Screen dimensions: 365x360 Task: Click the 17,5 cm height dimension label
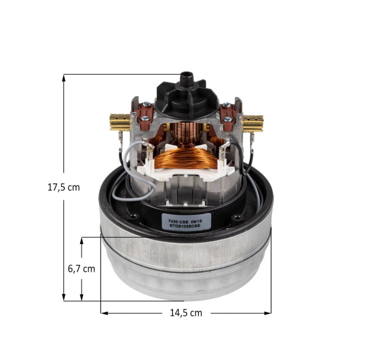(x=63, y=187)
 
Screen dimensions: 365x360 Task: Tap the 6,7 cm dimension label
(x=82, y=269)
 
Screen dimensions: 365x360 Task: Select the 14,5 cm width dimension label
(x=186, y=313)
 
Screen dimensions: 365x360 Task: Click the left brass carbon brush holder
(x=120, y=122)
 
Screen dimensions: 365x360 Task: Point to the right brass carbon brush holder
(x=253, y=123)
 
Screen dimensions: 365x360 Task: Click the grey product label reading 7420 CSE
(x=186, y=222)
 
